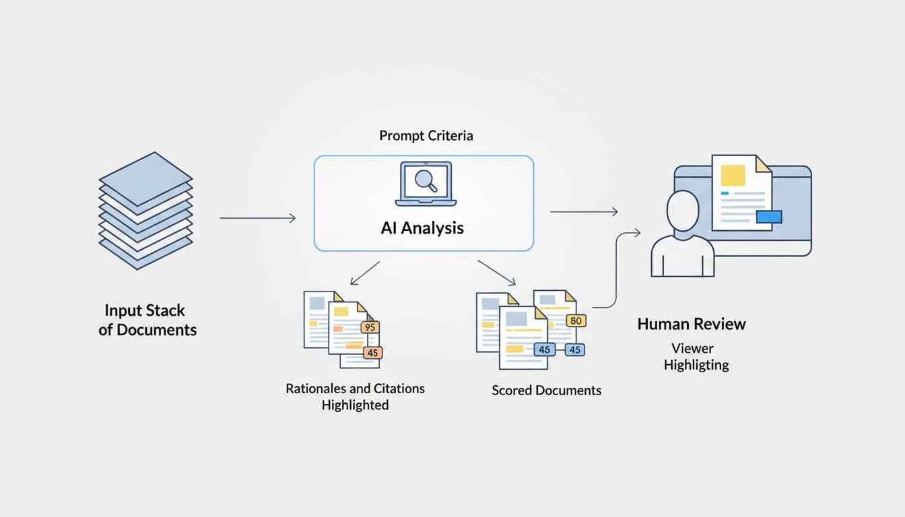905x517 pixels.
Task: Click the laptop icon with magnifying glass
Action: click(x=426, y=184)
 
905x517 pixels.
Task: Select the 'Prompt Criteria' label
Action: click(x=426, y=136)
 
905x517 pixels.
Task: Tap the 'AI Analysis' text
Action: click(x=422, y=228)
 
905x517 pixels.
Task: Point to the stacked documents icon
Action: click(x=146, y=210)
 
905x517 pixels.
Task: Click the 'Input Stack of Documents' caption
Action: click(x=147, y=320)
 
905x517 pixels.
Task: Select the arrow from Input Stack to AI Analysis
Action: click(x=257, y=218)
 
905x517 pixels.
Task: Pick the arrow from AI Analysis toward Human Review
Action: click(x=584, y=212)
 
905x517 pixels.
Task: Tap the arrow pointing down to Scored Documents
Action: click(x=496, y=271)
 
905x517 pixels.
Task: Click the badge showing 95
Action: click(x=370, y=327)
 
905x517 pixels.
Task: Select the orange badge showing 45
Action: click(x=372, y=353)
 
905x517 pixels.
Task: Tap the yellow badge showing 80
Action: click(x=576, y=321)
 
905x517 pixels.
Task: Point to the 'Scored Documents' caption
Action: click(x=546, y=390)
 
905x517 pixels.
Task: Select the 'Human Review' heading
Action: click(x=692, y=324)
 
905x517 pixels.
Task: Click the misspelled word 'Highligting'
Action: click(x=696, y=366)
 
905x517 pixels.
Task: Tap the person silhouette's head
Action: click(x=682, y=211)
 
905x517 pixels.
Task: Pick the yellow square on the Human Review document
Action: click(x=733, y=175)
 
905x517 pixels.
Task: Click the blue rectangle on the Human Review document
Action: click(x=769, y=216)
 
